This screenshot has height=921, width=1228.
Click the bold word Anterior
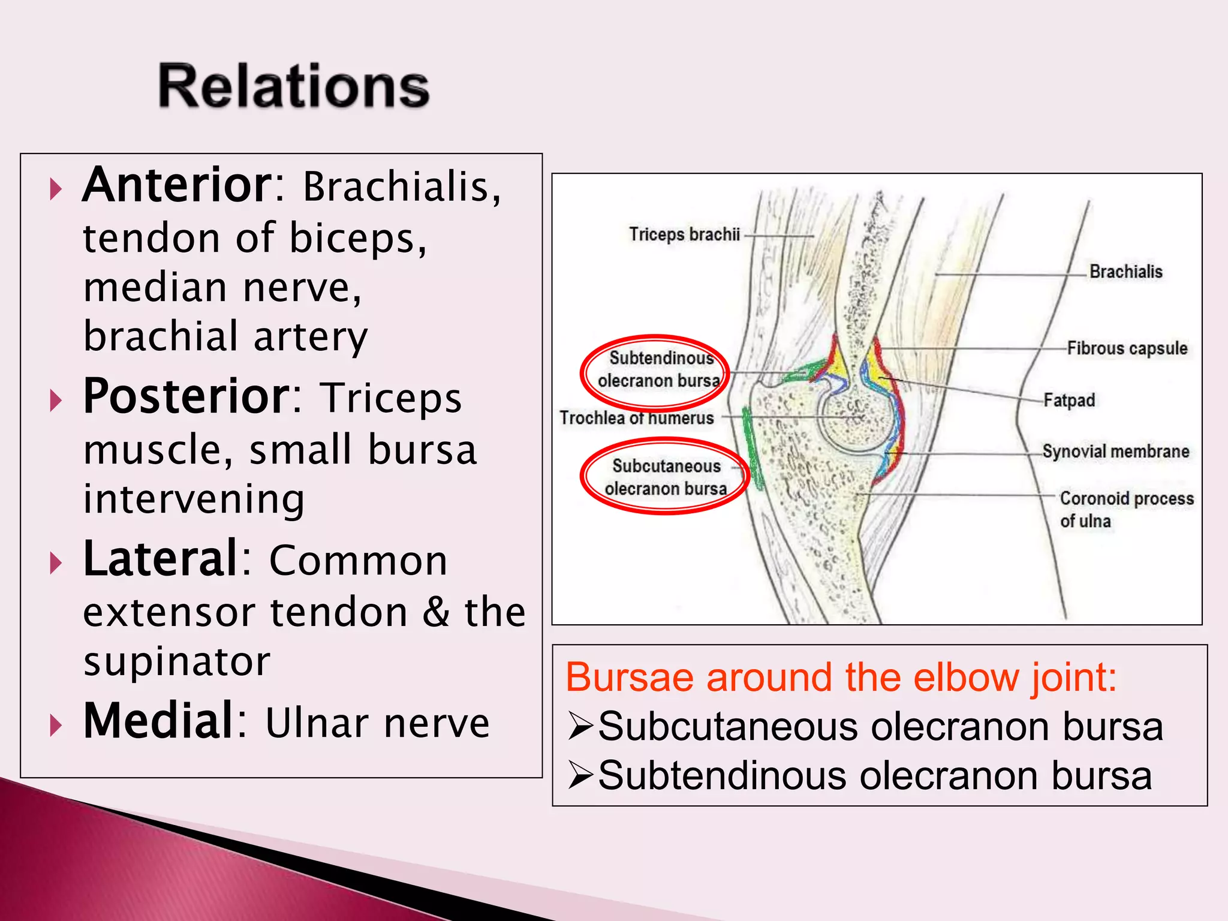point(178,186)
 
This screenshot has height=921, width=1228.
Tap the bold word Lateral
point(161,560)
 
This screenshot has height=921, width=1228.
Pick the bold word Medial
point(159,722)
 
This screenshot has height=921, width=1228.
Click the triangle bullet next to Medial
point(56,726)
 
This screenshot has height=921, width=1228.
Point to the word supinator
point(177,662)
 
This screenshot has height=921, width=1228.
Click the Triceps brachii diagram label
point(684,234)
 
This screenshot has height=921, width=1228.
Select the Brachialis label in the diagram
point(1125,272)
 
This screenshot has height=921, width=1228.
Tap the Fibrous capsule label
point(1127,348)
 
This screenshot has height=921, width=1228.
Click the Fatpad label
point(1069,400)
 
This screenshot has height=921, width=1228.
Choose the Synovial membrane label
point(1115,452)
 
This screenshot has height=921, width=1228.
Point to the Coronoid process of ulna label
point(1126,509)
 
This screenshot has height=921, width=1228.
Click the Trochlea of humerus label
point(637,418)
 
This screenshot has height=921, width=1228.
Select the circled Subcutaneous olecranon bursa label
point(666,477)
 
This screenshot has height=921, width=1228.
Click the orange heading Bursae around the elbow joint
point(841,678)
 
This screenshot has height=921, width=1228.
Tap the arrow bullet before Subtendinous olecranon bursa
point(580,776)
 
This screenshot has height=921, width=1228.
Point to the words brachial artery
point(225,337)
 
